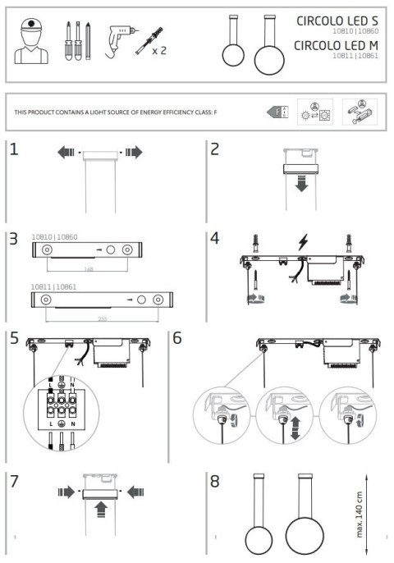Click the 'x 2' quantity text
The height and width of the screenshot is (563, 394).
pos(158,51)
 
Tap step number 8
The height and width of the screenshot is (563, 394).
pos(215,481)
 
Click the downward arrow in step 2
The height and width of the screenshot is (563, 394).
pos(302,184)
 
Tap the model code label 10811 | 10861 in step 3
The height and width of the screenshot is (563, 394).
pos(54,286)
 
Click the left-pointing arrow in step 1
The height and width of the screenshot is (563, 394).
pos(66,153)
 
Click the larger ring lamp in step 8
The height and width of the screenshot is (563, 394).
pos(303,538)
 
